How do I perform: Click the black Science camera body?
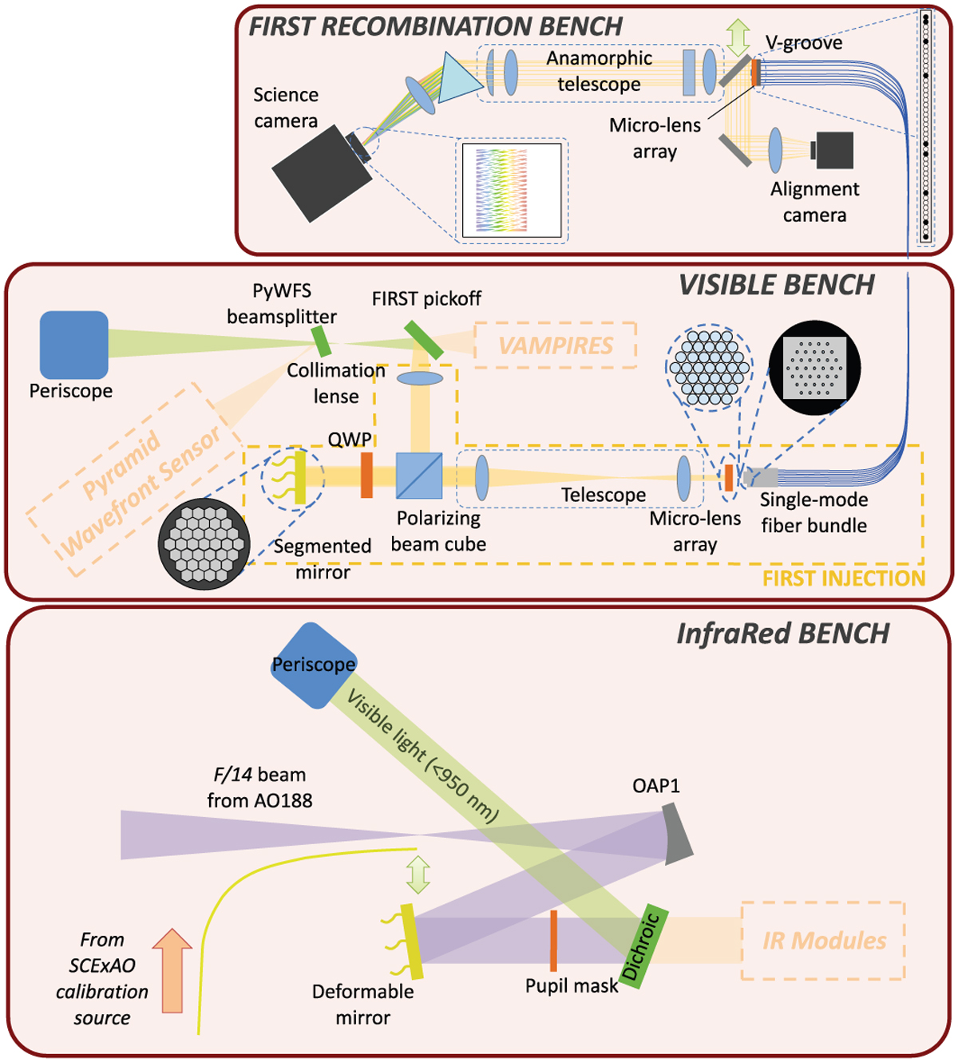click(322, 178)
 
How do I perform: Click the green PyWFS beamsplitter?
click(322, 341)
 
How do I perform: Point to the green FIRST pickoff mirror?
click(424, 340)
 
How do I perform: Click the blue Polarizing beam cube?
click(419, 476)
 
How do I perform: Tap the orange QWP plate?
click(366, 476)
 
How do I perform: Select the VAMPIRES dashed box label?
click(556, 345)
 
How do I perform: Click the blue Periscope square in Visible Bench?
click(74, 345)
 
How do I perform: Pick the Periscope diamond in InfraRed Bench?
click(313, 665)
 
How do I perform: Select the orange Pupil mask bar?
click(552, 941)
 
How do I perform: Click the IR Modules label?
click(824, 941)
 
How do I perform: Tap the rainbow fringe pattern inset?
click(512, 190)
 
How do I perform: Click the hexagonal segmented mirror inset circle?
click(204, 543)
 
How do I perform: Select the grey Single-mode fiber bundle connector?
click(761, 478)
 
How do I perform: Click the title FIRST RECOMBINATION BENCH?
click(435, 26)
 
